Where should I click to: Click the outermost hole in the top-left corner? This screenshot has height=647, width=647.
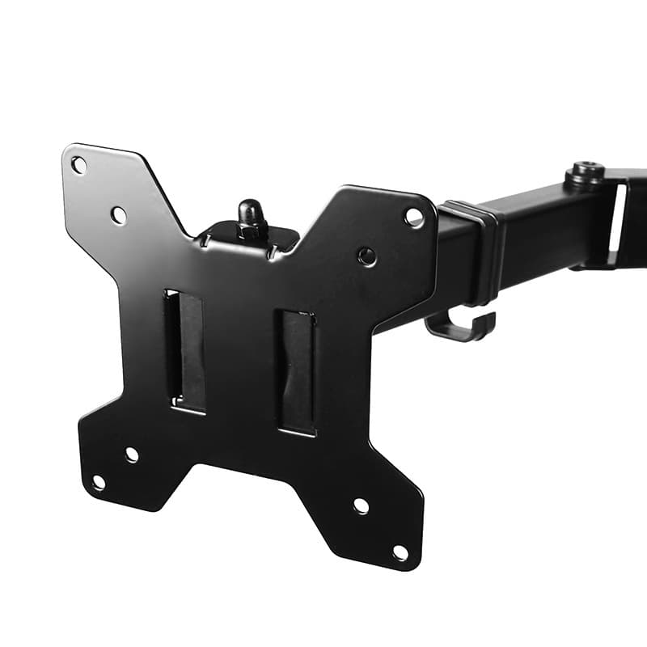[78, 165]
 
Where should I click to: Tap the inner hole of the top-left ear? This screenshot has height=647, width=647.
[118, 215]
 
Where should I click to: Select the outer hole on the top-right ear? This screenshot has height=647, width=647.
[413, 217]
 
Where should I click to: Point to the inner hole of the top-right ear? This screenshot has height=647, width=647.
[366, 256]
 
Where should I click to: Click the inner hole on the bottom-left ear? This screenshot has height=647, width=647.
[132, 455]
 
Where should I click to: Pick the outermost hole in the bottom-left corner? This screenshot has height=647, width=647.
[98, 483]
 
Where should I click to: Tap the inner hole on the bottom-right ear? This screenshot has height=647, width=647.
[361, 506]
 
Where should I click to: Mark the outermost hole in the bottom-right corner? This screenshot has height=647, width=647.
[400, 552]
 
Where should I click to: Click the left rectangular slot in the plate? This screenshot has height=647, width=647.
[185, 350]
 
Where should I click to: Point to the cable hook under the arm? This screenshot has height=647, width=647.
[460, 328]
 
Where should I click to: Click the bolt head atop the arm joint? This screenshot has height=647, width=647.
[586, 172]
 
